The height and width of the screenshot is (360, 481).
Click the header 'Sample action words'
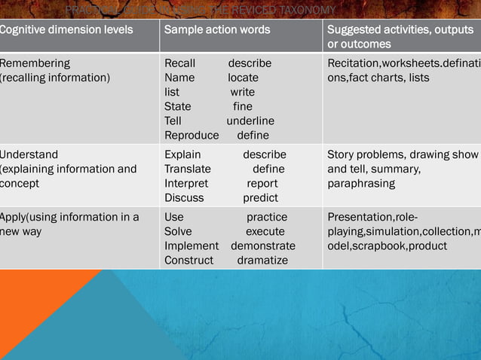(217, 29)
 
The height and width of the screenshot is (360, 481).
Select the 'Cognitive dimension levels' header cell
(66, 29)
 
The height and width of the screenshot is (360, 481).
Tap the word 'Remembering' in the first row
(35, 63)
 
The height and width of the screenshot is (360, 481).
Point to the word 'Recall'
(179, 63)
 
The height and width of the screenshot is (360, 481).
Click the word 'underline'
(250, 121)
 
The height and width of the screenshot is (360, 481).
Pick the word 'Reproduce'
(191, 135)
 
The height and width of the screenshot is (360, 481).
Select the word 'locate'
(243, 78)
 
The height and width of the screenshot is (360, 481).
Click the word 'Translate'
(188, 169)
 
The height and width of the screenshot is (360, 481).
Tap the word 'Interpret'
(186, 183)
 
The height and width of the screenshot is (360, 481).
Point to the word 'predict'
(260, 197)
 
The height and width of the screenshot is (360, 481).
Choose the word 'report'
(262, 183)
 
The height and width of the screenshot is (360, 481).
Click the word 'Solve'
(178, 231)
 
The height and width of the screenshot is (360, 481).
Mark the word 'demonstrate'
(263, 246)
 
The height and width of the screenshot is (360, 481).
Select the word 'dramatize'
(262, 260)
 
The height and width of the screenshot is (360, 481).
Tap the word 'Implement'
(191, 246)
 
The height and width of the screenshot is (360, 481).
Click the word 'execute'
(265, 231)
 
